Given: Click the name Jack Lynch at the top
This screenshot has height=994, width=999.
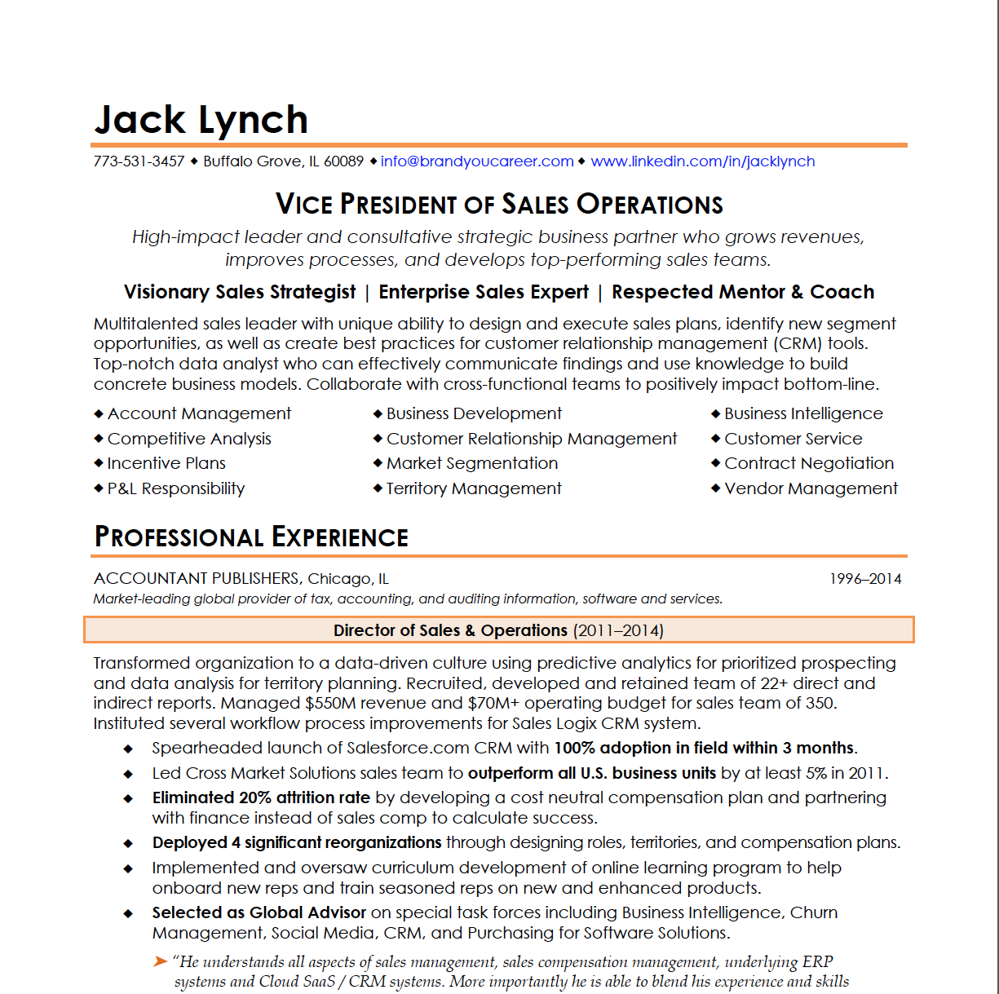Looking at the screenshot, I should point(201,120).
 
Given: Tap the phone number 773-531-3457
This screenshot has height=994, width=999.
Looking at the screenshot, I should point(139,161).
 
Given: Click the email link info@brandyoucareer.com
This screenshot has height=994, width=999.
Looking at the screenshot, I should point(477,161).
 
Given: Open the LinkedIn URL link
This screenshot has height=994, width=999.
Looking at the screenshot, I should point(702,161).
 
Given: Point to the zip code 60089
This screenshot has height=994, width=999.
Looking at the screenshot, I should point(343,161).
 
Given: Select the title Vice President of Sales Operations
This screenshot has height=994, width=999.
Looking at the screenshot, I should point(499,204).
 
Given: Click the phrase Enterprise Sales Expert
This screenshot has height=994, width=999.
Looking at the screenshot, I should point(484,292).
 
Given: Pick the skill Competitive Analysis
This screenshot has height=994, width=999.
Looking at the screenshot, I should point(189,439).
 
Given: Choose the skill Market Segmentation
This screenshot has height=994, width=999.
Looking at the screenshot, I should point(472,463).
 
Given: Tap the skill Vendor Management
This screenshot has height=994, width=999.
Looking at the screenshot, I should point(811,488).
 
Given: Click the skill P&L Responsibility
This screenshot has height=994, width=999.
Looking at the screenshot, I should point(176,488).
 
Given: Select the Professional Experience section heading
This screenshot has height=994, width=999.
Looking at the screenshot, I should point(251,537).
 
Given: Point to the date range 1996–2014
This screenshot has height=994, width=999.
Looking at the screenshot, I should point(865,579).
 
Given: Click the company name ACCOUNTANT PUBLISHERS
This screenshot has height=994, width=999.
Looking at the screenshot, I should point(197,579).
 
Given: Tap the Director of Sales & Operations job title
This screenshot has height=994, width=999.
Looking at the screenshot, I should point(450,630).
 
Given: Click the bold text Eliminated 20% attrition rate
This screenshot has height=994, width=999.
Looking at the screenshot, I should point(261,797).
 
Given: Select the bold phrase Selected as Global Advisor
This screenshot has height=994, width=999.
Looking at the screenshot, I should point(259,912).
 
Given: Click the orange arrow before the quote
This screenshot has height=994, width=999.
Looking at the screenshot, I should point(160,962).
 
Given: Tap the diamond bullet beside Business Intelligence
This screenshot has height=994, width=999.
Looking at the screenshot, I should point(715,414).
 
